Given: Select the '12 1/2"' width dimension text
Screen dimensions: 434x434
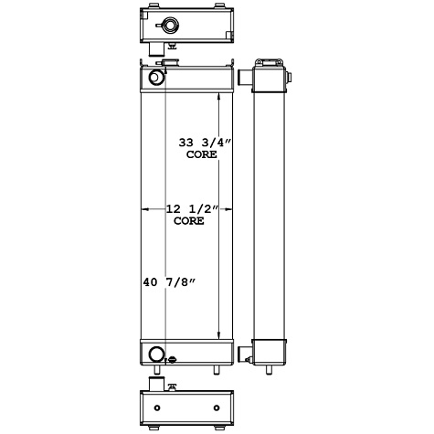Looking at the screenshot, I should pos(190,209).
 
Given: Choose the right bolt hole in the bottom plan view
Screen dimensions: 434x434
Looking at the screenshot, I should pos(217,407).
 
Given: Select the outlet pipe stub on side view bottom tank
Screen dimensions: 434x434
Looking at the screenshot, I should pos(245,353).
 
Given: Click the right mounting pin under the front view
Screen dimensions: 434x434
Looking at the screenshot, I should pos(217,369).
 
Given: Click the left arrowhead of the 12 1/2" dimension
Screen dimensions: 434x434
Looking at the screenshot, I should pos(145,209).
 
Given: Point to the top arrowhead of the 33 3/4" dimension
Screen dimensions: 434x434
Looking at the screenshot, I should pos(218,96).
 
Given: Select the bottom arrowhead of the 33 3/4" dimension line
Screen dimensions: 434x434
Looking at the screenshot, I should pos(218,334).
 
